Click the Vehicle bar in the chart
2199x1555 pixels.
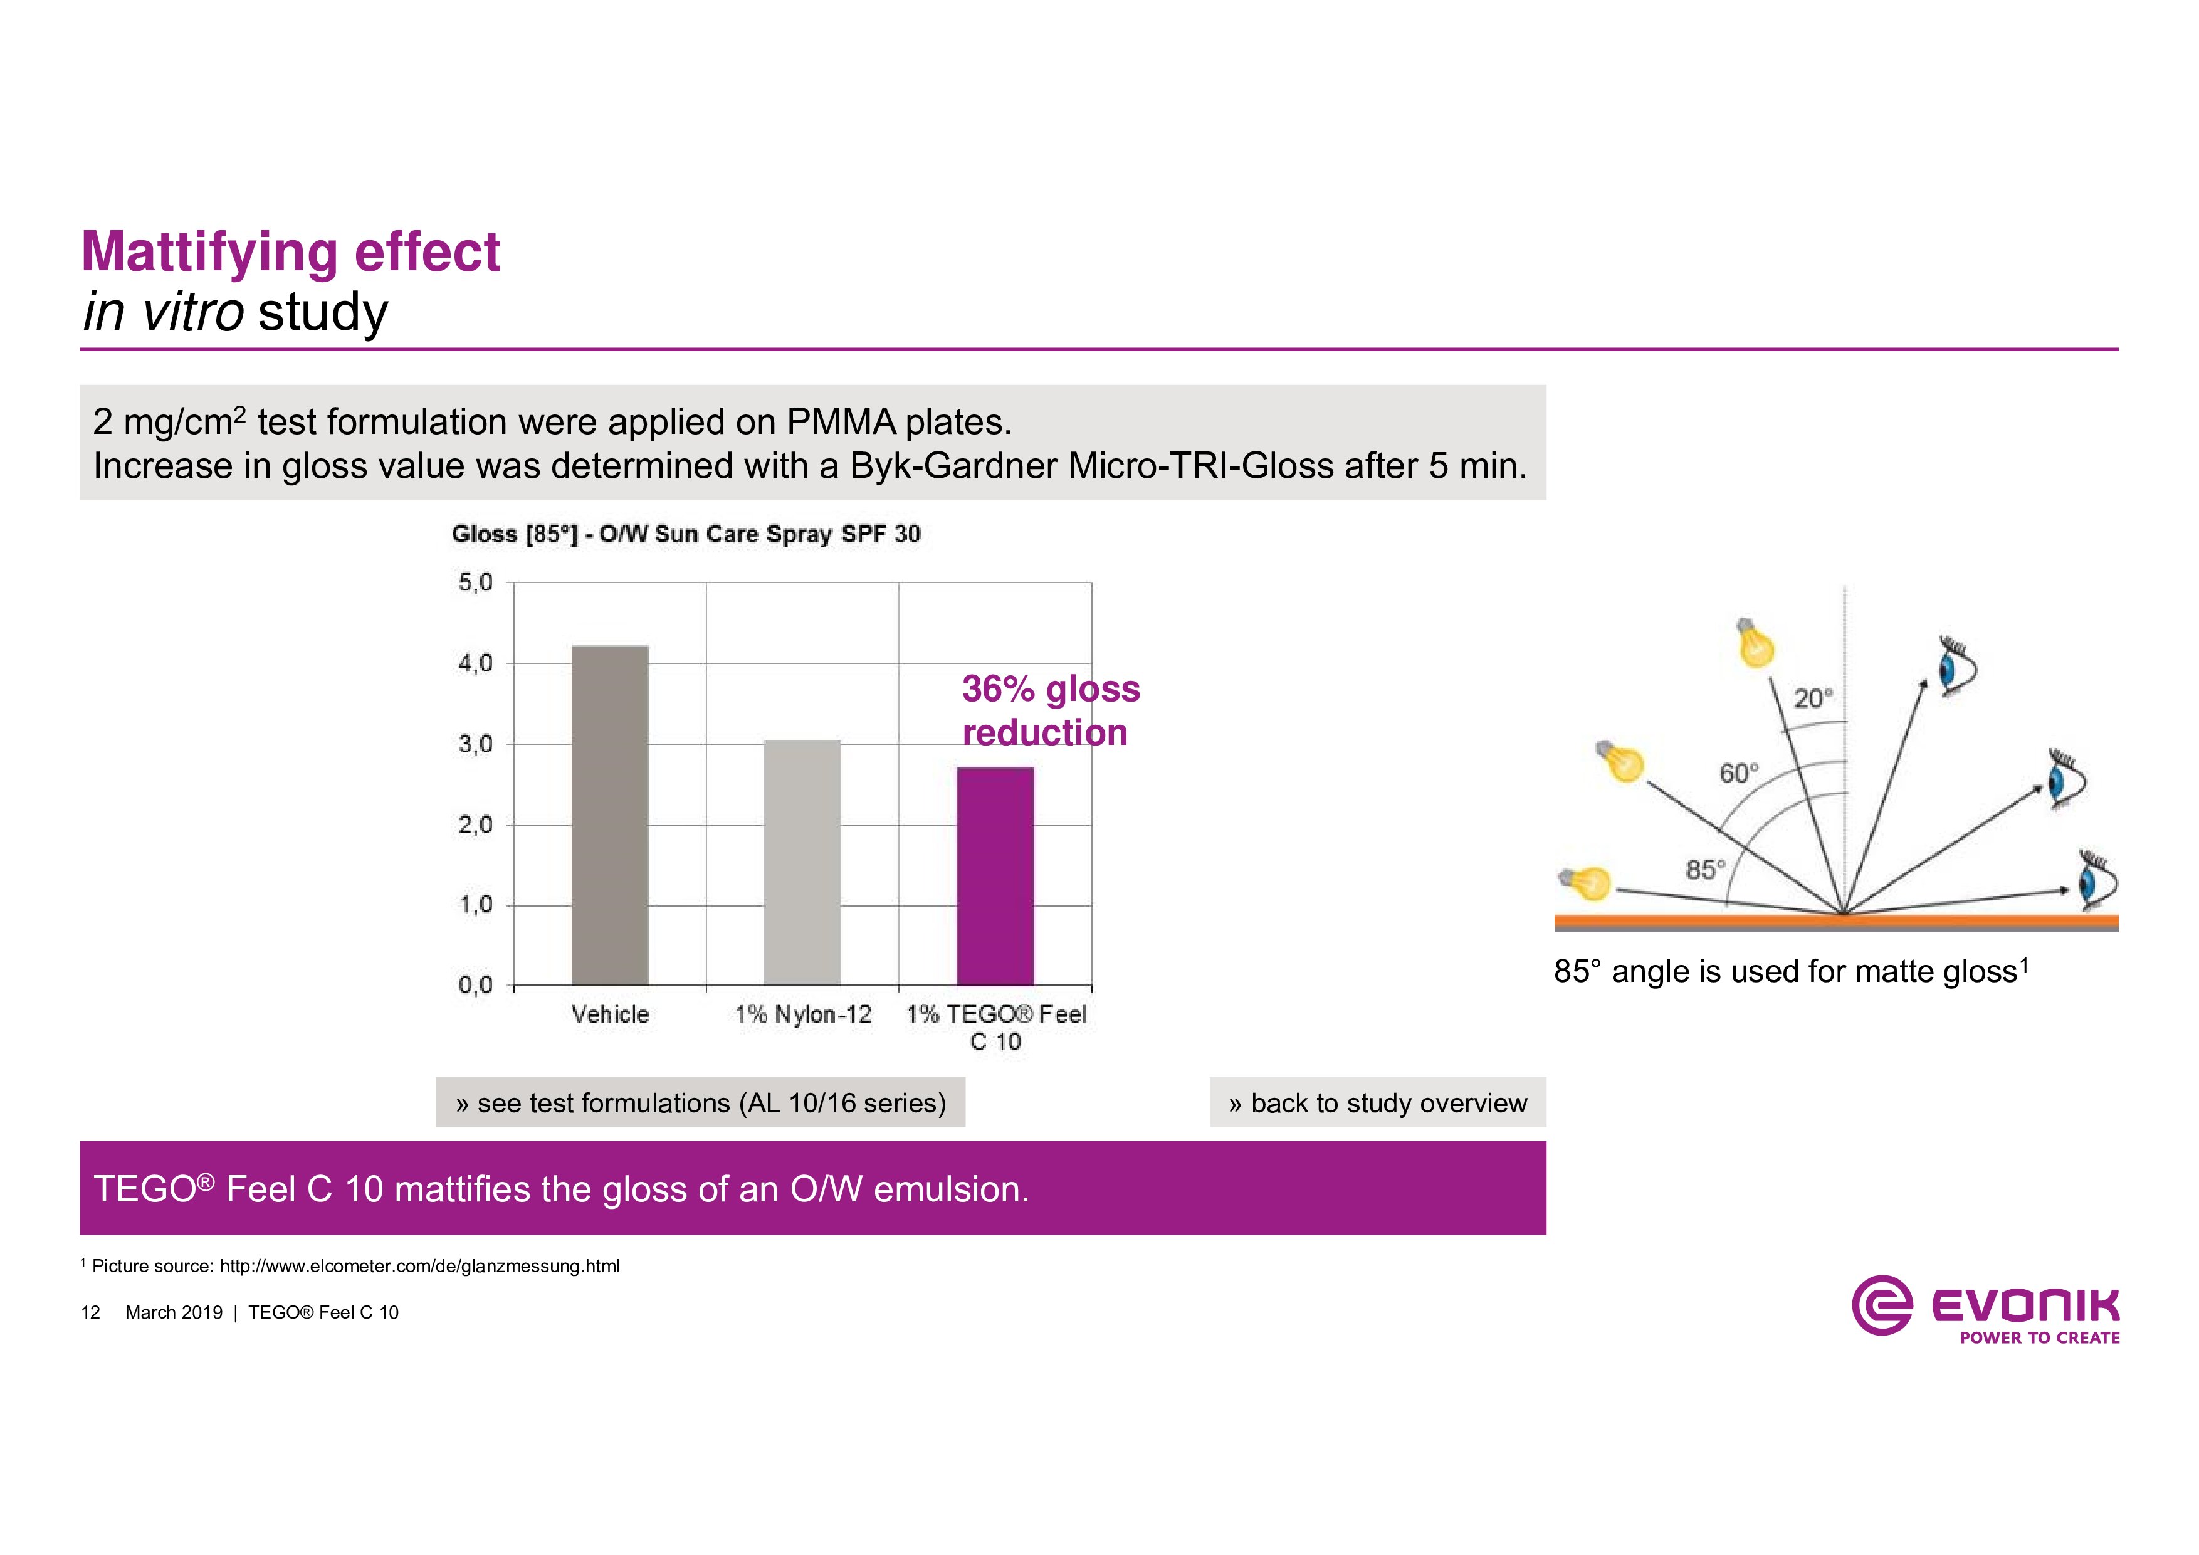[x=609, y=814]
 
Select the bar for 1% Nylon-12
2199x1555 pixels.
[x=802, y=862]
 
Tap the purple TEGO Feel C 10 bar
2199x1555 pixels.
[x=995, y=876]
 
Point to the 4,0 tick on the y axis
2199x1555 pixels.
[x=475, y=663]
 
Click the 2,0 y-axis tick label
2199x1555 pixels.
[x=475, y=825]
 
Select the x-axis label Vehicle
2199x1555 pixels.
[x=610, y=1014]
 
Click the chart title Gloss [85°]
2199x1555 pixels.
[x=686, y=534]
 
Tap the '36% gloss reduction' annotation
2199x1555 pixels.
[x=1051, y=710]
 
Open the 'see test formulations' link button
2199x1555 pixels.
[x=700, y=1103]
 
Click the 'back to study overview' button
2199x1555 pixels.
[x=1377, y=1103]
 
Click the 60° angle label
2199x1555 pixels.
[x=1738, y=772]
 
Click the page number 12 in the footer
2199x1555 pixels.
[x=91, y=1312]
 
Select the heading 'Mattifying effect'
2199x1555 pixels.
[x=290, y=252]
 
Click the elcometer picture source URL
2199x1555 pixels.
[x=419, y=1266]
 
